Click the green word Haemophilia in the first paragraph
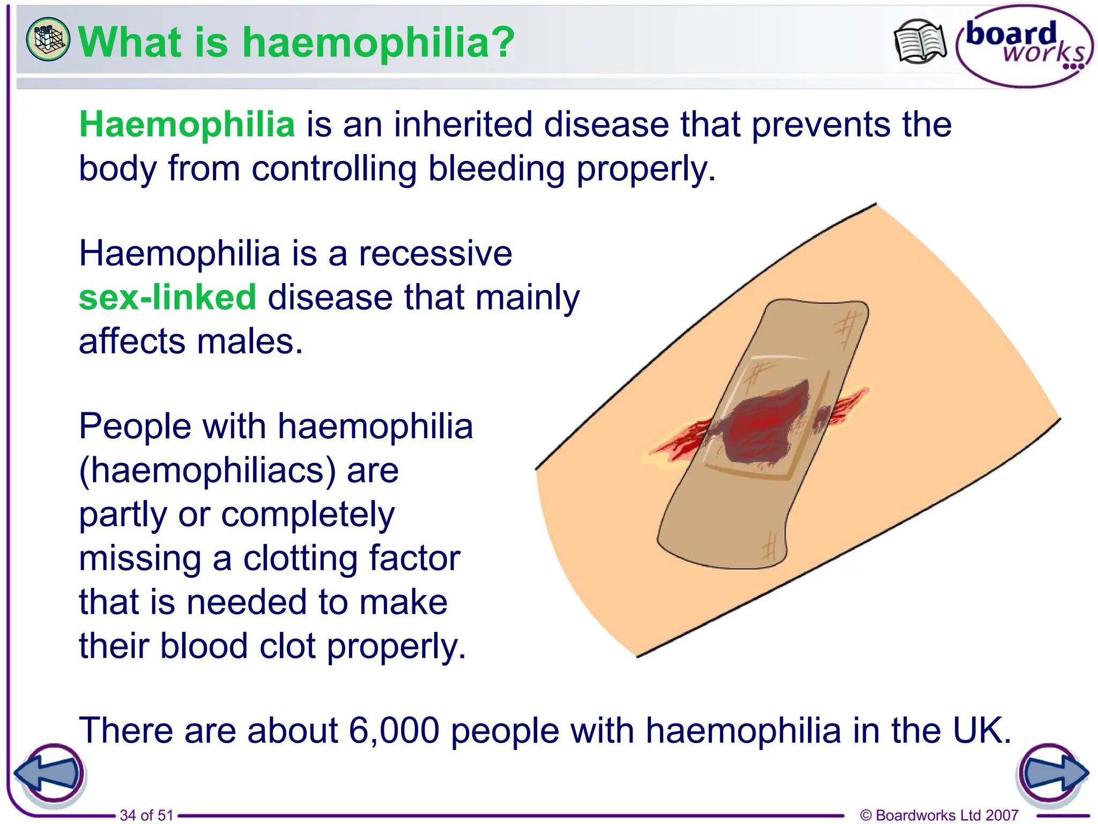point(187,125)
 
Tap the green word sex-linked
point(167,298)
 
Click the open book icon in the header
point(919,42)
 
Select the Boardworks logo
point(1025,46)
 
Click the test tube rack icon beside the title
point(48,39)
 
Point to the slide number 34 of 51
point(146,815)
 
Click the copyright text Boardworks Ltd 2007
point(939,815)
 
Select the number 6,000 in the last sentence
point(394,731)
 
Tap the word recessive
point(435,254)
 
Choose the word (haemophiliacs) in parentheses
point(207,471)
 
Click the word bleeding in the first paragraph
point(496,169)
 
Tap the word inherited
point(463,125)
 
